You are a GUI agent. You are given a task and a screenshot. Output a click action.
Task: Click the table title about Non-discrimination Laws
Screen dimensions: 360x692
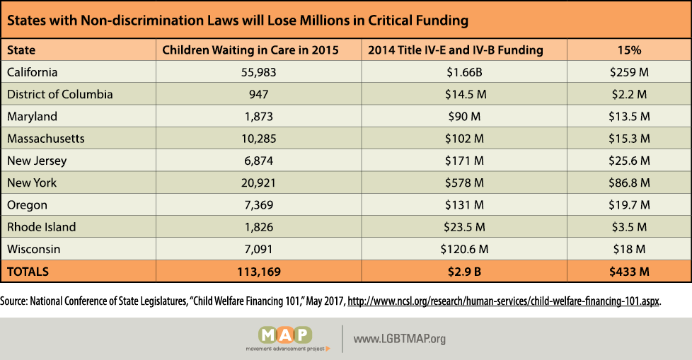(x=238, y=20)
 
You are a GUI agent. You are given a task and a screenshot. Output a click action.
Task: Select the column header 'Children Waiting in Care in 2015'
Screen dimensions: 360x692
(x=250, y=50)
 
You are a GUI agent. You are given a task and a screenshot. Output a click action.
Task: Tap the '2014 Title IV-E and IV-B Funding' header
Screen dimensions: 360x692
(x=456, y=50)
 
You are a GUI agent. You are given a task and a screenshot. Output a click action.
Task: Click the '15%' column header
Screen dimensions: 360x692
(x=628, y=50)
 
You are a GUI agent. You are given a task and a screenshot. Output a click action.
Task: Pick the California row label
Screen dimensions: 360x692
(x=32, y=72)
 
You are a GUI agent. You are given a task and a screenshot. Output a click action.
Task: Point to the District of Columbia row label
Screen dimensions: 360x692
(x=59, y=94)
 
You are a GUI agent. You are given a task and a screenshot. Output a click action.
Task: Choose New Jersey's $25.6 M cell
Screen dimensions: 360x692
(x=628, y=161)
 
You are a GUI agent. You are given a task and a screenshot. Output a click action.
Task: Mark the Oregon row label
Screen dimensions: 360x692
(x=27, y=204)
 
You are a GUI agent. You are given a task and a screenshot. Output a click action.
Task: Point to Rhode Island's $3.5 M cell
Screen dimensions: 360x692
(x=628, y=227)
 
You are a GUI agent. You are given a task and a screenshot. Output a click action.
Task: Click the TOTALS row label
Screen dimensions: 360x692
(x=28, y=271)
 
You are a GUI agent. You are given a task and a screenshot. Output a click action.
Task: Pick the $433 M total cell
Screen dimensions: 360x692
(x=628, y=271)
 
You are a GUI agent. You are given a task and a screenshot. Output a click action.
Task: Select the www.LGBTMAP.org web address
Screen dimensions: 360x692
(x=400, y=339)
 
